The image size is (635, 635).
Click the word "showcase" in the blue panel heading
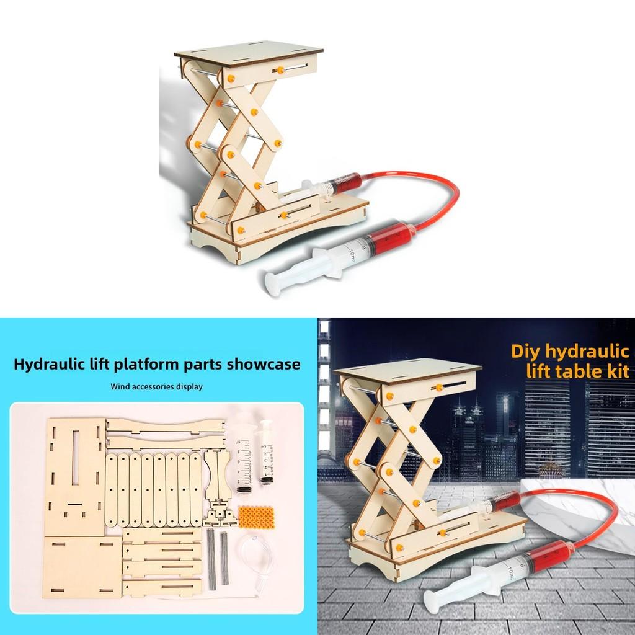coord(264,363)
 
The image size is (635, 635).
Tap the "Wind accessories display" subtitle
coord(156,386)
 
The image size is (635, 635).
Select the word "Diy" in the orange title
coord(525,350)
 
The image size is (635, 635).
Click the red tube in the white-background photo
coord(434,186)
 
